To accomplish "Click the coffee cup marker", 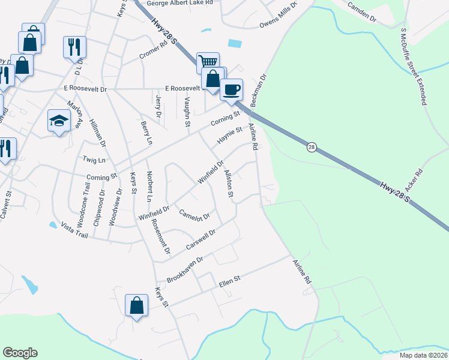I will [x=231, y=90].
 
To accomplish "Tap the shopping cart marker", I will [x=207, y=62].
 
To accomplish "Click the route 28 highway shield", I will [x=311, y=147].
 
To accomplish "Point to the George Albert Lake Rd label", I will [x=180, y=3].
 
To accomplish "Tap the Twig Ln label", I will [x=94, y=160].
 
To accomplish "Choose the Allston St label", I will [x=229, y=184].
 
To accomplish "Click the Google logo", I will [x=20, y=353].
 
